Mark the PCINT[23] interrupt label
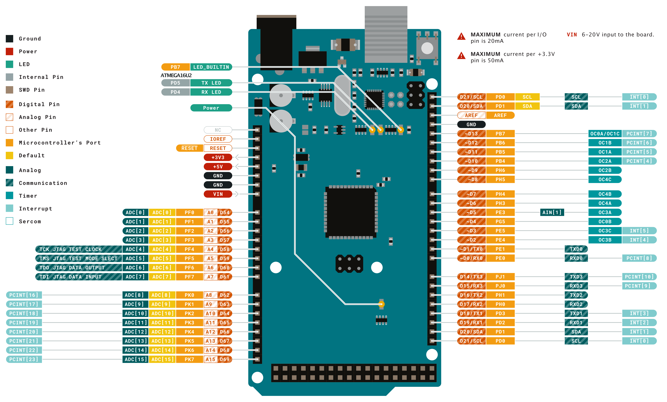(24, 359)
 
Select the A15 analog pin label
(210, 359)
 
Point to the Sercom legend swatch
(9, 221)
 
